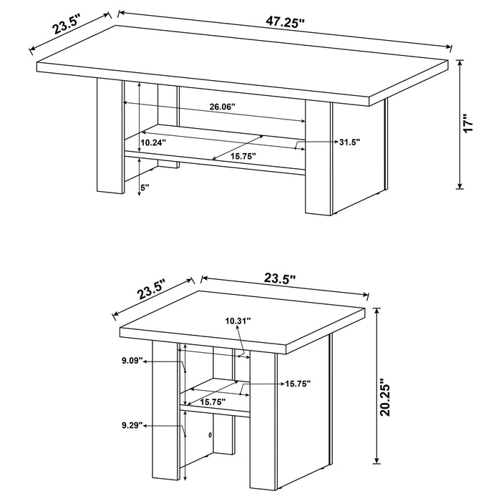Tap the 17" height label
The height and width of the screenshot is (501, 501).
tap(469, 122)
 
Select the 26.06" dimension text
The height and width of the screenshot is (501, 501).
tap(223, 107)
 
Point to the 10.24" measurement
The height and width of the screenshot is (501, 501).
tap(152, 142)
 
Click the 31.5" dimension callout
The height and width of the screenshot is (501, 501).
tap(349, 142)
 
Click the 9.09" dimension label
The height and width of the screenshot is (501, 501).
tap(132, 361)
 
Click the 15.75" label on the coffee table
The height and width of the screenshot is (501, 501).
tap(243, 155)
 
